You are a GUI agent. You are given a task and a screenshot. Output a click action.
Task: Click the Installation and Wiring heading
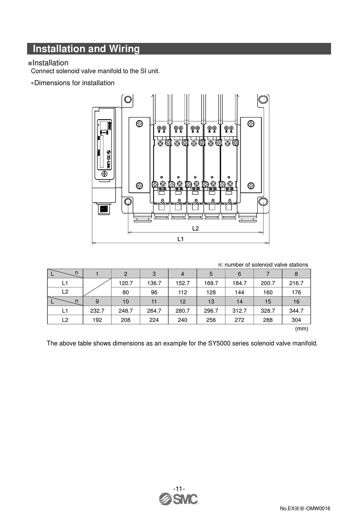tap(86, 49)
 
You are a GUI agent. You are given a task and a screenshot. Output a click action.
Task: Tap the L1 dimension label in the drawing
tap(180, 239)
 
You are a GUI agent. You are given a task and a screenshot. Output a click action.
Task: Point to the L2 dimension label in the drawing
tap(196, 228)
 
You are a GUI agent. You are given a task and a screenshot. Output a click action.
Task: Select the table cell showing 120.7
tap(125, 283)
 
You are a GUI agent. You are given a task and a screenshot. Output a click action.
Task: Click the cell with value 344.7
tap(296, 311)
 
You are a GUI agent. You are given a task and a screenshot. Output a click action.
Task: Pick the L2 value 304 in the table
tap(296, 320)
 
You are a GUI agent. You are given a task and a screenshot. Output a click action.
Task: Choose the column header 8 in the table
tap(296, 274)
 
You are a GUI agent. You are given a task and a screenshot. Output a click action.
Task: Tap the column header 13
tap(211, 301)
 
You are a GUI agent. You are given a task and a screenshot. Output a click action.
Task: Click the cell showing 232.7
tap(97, 311)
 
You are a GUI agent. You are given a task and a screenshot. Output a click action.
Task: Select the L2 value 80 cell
tap(125, 292)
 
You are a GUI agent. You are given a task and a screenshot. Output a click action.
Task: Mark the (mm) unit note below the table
tap(302, 329)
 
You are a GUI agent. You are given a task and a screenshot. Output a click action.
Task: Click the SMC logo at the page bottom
tap(179, 499)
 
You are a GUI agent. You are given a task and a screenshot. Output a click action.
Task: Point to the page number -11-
tap(179, 488)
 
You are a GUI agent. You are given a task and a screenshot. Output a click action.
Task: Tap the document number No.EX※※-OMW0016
tap(305, 508)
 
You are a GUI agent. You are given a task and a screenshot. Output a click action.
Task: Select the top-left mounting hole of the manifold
tap(128, 100)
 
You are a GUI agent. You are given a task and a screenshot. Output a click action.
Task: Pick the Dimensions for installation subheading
tap(74, 83)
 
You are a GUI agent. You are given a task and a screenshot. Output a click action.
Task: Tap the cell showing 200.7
tap(268, 283)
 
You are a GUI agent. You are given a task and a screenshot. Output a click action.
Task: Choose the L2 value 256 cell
tap(211, 320)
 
